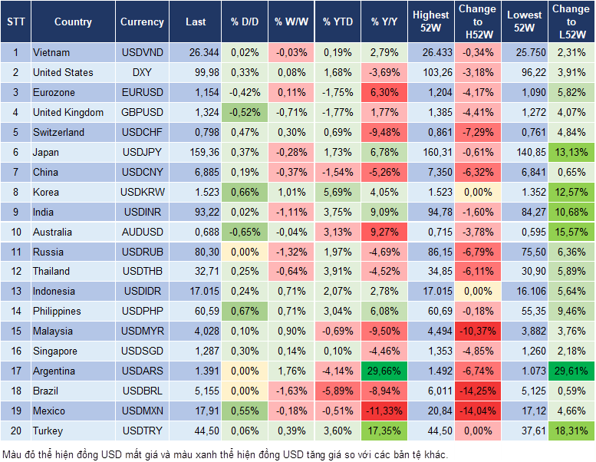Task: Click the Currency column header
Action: [142, 21]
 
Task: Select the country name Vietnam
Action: [51, 52]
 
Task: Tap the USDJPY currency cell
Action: [142, 152]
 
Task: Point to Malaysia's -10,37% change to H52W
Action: [477, 331]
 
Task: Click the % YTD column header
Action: [337, 21]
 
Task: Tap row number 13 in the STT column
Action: [15, 291]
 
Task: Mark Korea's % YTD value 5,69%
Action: [337, 192]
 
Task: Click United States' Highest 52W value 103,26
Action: [430, 72]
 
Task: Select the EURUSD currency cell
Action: [142, 92]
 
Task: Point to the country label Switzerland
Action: [58, 132]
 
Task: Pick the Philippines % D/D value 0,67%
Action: [245, 311]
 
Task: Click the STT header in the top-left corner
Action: [15, 21]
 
